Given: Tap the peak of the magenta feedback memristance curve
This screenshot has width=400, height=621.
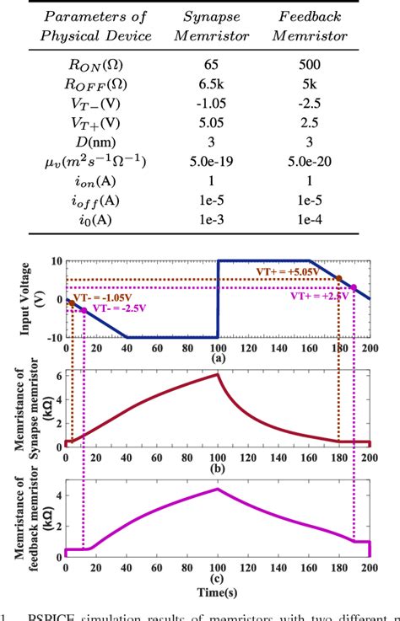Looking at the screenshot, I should coord(219,489).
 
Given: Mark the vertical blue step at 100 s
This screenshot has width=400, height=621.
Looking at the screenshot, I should coord(219,299).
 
